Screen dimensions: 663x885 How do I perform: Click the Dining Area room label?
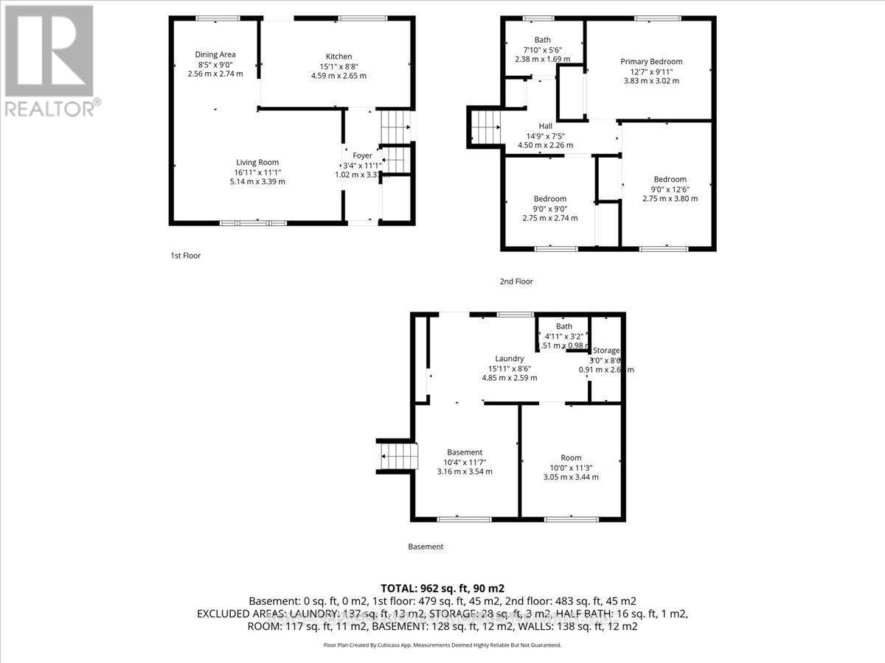click(215, 54)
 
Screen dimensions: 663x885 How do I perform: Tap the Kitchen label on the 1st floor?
click(339, 56)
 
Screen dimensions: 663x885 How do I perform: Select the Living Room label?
click(257, 162)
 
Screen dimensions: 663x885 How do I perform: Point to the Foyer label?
click(362, 155)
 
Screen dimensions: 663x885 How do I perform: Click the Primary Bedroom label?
click(651, 61)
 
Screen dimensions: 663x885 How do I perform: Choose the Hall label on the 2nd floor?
click(545, 126)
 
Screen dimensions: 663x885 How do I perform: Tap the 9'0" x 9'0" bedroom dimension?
click(550, 208)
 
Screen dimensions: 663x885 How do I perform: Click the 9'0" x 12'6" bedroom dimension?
click(670, 189)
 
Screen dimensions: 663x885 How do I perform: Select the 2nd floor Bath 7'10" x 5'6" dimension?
click(542, 49)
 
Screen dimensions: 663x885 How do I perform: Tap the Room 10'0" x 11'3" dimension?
click(571, 467)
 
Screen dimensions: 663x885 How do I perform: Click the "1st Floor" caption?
click(185, 256)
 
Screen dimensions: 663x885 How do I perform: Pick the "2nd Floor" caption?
click(517, 281)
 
